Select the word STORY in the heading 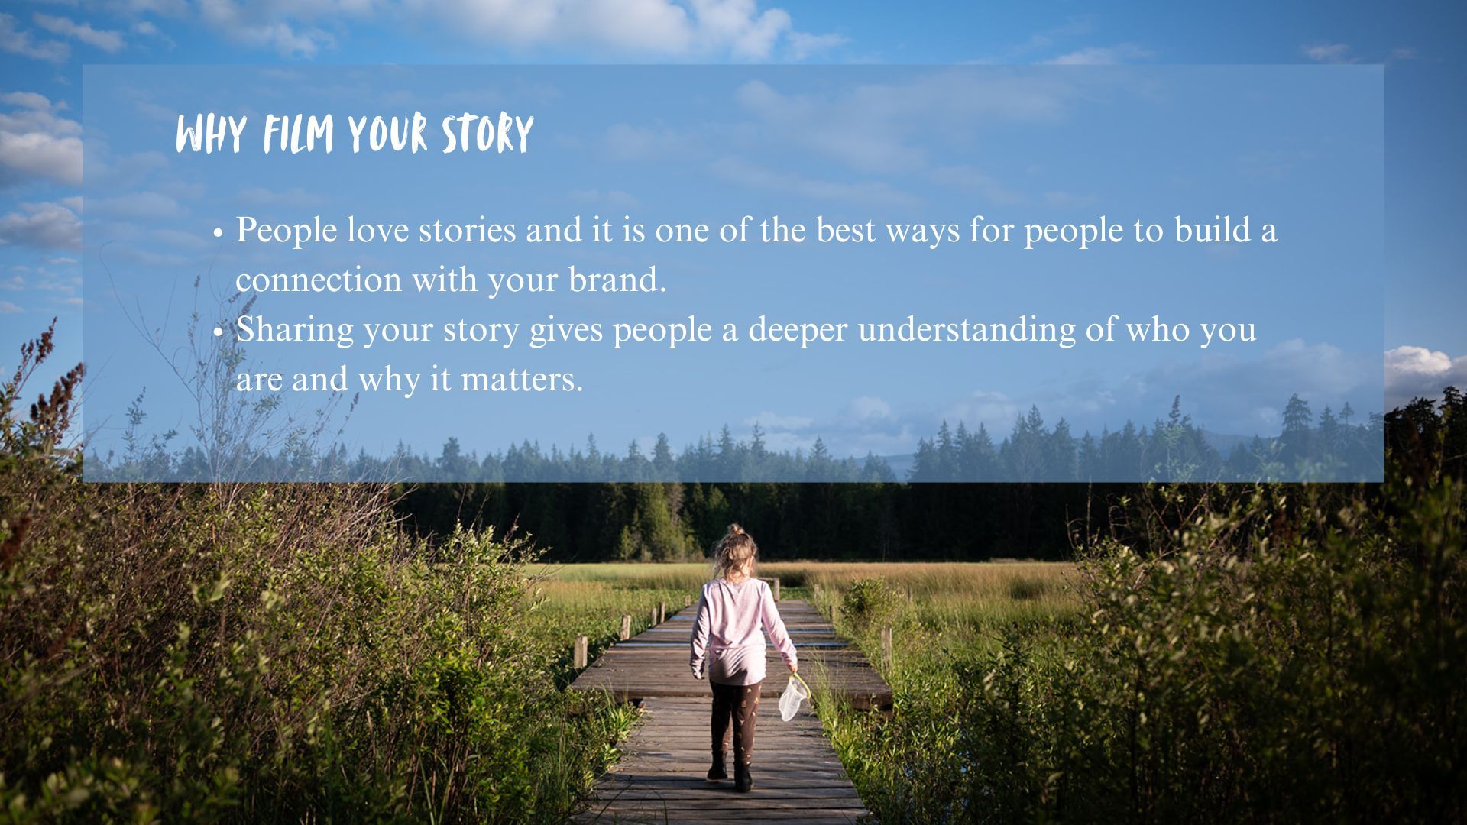[487, 135]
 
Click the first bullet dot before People [219, 232]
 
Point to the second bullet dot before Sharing [219, 332]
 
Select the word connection [319, 280]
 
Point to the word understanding [967, 330]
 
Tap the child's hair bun [736, 529]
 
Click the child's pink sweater [738, 631]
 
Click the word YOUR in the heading [387, 135]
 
